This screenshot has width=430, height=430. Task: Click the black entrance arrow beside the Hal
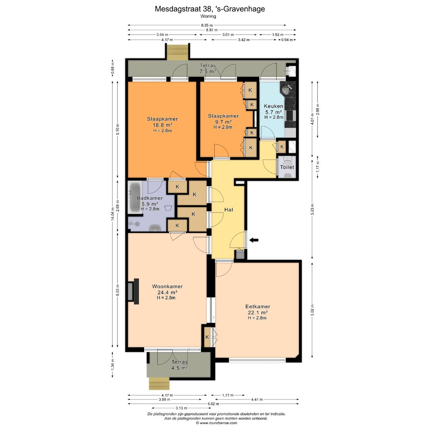click(x=254, y=240)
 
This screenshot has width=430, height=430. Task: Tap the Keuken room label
click(x=274, y=106)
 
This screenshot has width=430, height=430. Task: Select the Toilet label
click(x=287, y=167)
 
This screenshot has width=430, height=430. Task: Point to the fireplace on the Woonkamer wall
click(x=133, y=291)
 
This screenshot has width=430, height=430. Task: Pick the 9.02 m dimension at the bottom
click(x=213, y=404)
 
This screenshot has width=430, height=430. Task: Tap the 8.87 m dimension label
click(x=212, y=30)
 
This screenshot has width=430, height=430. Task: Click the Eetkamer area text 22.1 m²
click(x=257, y=313)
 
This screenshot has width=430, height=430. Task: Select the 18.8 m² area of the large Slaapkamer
click(x=162, y=125)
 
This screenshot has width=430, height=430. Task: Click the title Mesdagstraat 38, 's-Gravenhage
click(x=210, y=9)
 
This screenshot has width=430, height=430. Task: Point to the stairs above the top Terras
click(x=178, y=51)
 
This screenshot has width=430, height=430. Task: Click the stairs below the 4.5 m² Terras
click(x=159, y=384)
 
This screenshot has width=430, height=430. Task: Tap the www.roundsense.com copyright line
click(x=216, y=423)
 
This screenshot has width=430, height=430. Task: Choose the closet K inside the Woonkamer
click(x=207, y=337)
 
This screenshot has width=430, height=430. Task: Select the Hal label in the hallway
click(x=229, y=210)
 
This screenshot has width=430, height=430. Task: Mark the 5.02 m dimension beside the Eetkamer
click(x=313, y=310)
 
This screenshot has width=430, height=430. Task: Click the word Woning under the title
click(x=208, y=16)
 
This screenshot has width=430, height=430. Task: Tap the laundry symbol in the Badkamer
click(x=168, y=207)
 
